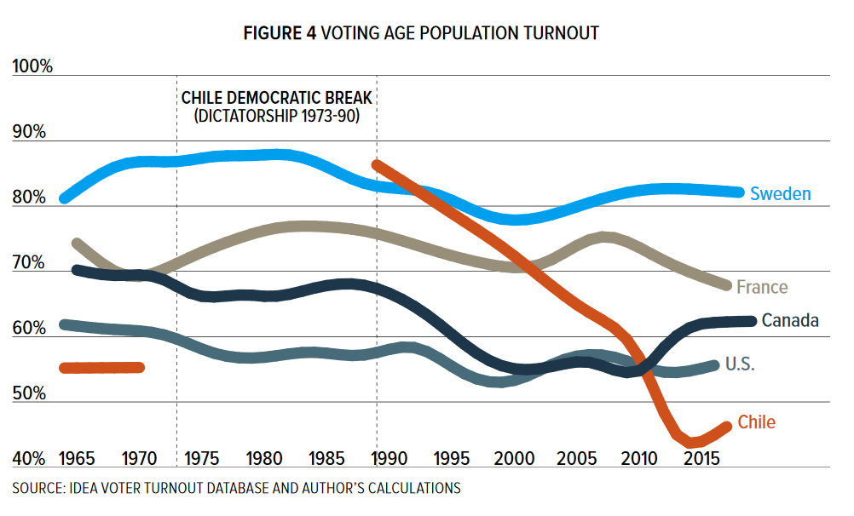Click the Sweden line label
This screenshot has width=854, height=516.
pos(780,194)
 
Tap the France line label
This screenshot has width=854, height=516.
pos(762,287)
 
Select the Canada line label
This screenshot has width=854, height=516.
pos(790,321)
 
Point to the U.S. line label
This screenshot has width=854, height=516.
pos(740,364)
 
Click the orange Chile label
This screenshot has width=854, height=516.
pos(757,422)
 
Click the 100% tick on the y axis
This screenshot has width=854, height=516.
pos(33,66)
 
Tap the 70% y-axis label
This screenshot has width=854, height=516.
pos(31,262)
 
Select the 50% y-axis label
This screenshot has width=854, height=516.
pos(31,393)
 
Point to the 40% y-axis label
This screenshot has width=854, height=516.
pos(31,459)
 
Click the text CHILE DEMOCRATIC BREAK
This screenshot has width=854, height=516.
pos(277,98)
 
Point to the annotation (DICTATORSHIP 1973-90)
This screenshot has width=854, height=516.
pos(277,114)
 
